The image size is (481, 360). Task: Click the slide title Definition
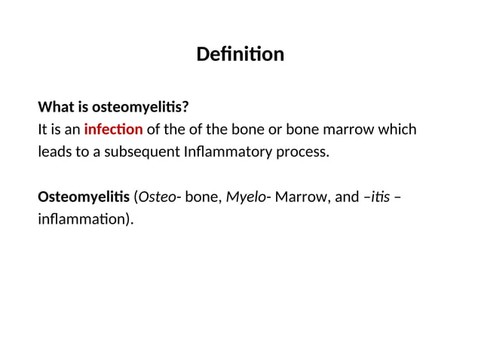pyautogui.click(x=240, y=55)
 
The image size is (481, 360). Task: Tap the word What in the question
pyautogui.click(x=54, y=105)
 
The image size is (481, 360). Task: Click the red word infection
pyautogui.click(x=113, y=129)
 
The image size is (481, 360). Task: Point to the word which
pyautogui.click(x=397, y=129)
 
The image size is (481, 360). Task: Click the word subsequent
pyautogui.click(x=144, y=151)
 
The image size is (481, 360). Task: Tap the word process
pyautogui.click(x=305, y=151)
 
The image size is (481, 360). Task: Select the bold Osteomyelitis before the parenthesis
pyautogui.click(x=83, y=197)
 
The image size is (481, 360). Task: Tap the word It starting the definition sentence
pyautogui.click(x=43, y=129)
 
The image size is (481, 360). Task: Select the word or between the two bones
pyautogui.click(x=273, y=129)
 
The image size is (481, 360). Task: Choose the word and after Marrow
pyautogui.click(x=347, y=197)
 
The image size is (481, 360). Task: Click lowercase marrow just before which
pyautogui.click(x=348, y=129)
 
